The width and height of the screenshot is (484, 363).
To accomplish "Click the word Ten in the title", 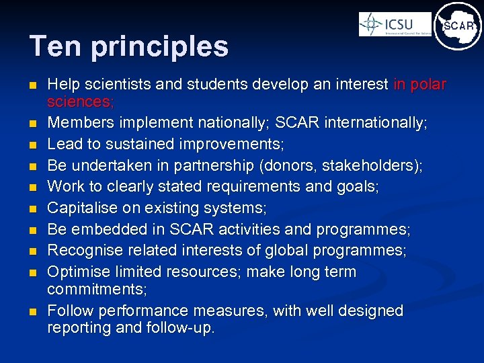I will (52, 46).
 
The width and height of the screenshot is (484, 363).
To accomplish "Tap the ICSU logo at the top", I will (395, 24).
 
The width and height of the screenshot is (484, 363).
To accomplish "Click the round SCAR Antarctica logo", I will (458, 26).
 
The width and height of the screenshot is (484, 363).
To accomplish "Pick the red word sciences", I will (80, 102).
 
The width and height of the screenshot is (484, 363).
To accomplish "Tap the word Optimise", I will (75, 272).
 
